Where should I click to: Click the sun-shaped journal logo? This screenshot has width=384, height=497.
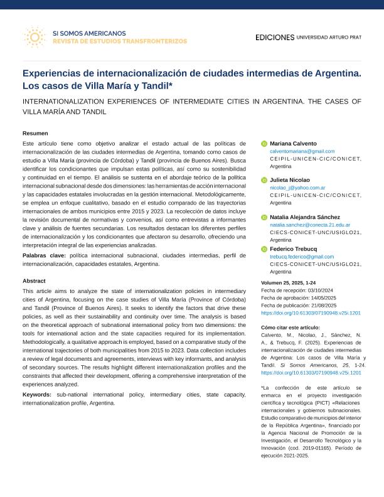pos(34,37)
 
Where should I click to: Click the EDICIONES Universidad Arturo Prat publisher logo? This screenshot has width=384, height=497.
pos(308,38)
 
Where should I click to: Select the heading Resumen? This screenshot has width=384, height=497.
pos(35,134)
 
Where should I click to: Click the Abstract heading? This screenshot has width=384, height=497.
pos(34,281)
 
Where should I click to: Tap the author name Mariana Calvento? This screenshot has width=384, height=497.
pos(293,144)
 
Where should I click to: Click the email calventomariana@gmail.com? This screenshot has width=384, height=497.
pos(302,151)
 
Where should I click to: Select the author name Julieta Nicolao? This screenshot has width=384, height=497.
pos(290,180)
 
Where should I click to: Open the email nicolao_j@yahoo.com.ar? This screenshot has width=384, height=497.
pos(297,188)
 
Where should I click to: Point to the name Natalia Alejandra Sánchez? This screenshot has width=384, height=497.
pos(305,217)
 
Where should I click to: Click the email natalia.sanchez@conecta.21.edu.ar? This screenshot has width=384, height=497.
pos(310,225)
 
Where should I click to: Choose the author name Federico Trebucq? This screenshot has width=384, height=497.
pos(293,249)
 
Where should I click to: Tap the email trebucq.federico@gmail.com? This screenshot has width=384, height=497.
pos(302,257)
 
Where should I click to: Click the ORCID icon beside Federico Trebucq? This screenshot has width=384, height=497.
pos(264,249)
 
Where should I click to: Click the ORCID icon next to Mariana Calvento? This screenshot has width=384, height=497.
pos(264,144)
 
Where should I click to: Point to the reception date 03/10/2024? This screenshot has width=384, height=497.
pos(321,291)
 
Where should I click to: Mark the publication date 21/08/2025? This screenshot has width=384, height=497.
pos(325,305)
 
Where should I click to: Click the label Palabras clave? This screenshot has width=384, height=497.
pos(44,256)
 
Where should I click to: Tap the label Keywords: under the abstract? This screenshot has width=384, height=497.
pos(37,395)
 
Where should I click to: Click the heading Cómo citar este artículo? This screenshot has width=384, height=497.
pos(290,328)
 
